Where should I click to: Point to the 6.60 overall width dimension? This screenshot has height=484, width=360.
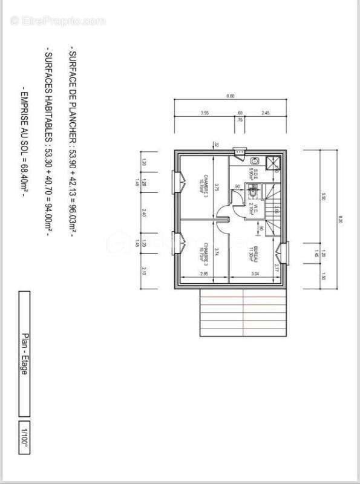click(x=230, y=96)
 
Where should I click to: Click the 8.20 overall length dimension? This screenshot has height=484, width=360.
click(x=341, y=220)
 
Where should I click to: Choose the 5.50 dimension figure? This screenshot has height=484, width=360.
click(x=324, y=197)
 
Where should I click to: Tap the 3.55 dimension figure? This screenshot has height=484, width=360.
click(x=205, y=113)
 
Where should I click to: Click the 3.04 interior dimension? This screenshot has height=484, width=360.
click(x=255, y=274)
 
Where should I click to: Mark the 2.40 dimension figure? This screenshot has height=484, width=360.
click(x=144, y=212)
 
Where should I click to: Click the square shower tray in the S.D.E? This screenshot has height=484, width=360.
click(x=274, y=162)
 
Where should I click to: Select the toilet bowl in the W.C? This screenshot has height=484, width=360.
click(x=253, y=189)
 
